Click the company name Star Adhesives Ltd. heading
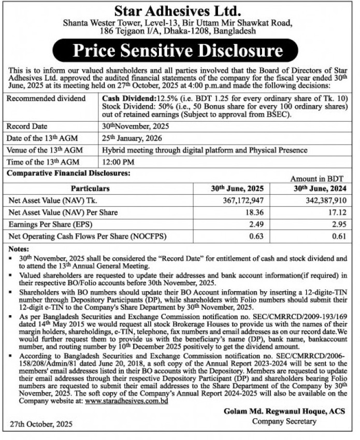[180, 10]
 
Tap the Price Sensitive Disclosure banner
[179, 51]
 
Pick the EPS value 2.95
[339, 225]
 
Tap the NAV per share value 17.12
[337, 212]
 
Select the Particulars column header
[90, 188]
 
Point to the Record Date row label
[27, 126]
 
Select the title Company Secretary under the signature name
[284, 421]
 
